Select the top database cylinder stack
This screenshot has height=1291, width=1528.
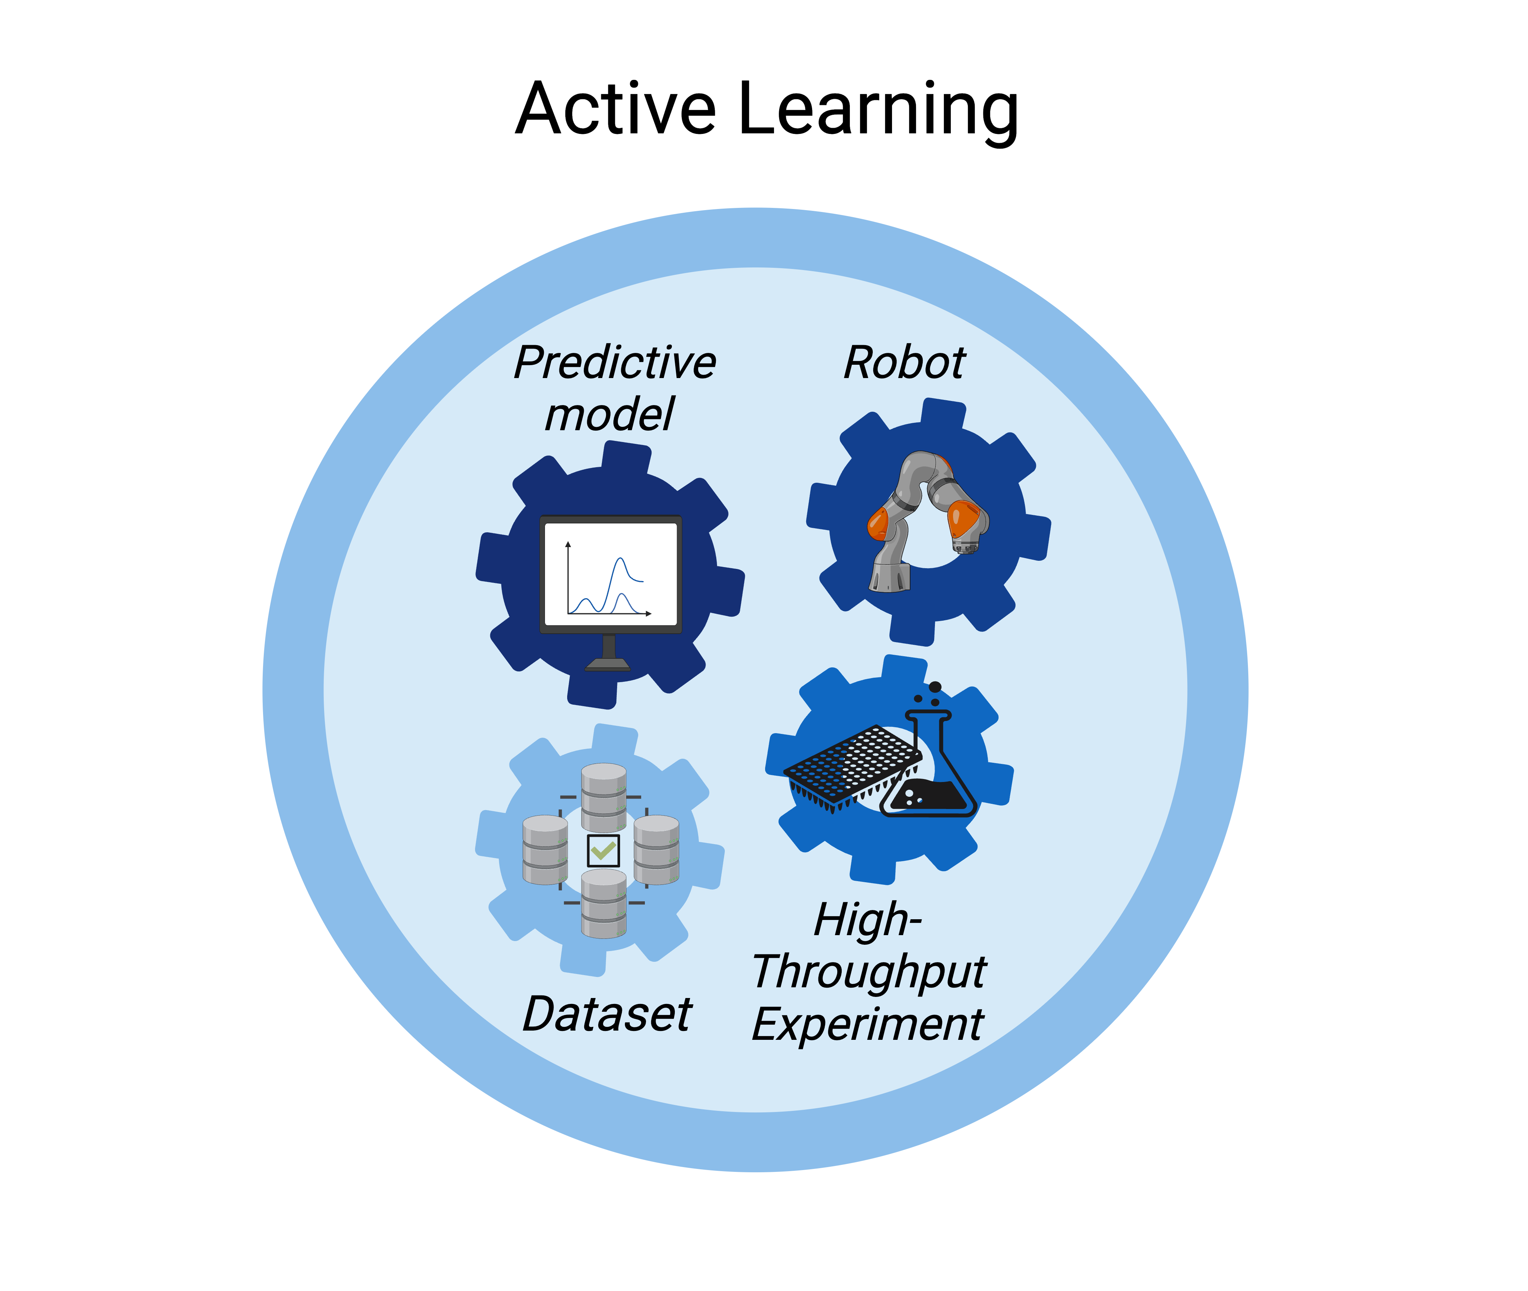[604, 798]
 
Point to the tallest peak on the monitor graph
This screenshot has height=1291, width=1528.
[620, 560]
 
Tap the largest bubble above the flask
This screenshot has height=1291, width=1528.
[935, 687]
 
